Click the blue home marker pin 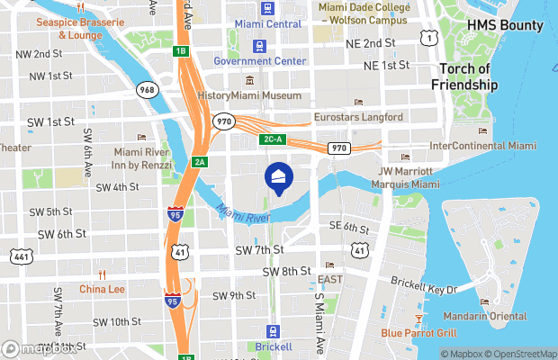277,177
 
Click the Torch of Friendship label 468,76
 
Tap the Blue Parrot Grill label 419,333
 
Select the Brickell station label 273,346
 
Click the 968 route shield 148,90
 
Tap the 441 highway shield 22,257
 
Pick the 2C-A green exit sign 272,139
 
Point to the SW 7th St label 259,249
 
